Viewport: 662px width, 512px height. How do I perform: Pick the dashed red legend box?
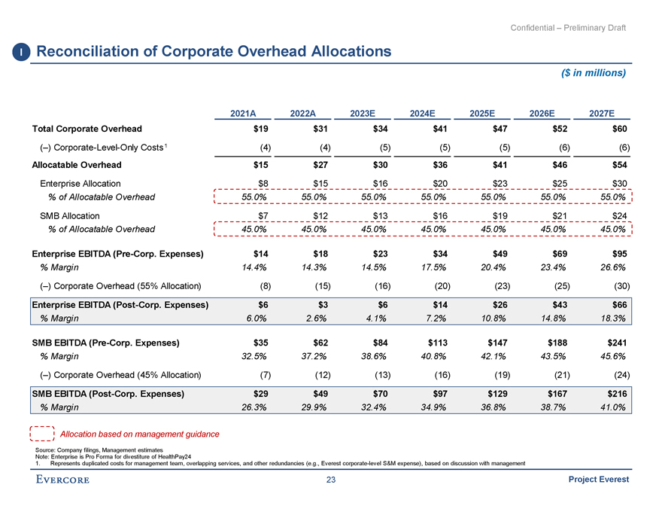(41, 434)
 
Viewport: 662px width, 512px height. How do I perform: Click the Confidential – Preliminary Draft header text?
(568, 28)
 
